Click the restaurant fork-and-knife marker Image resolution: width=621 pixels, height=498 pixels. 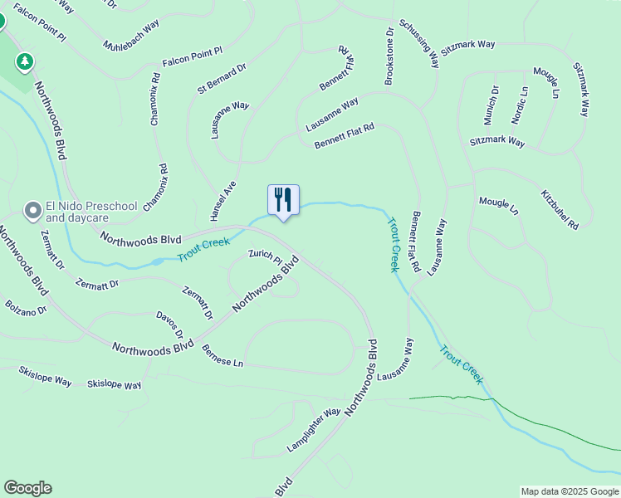[x=283, y=200]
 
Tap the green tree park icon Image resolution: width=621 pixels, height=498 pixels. [x=26, y=61]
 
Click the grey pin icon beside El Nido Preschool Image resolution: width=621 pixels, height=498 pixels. [x=32, y=211]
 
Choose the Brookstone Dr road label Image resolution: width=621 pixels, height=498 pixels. [x=389, y=56]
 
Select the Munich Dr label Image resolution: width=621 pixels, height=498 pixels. [x=491, y=104]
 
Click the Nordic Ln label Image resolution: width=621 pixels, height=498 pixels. [x=519, y=105]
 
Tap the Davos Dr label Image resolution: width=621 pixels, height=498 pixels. [x=169, y=326]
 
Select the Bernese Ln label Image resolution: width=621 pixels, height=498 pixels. [x=222, y=357]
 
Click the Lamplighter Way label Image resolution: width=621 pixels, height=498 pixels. [x=314, y=428]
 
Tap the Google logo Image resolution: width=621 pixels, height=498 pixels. [x=27, y=488]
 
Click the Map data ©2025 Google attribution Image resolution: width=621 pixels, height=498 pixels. [x=570, y=491]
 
